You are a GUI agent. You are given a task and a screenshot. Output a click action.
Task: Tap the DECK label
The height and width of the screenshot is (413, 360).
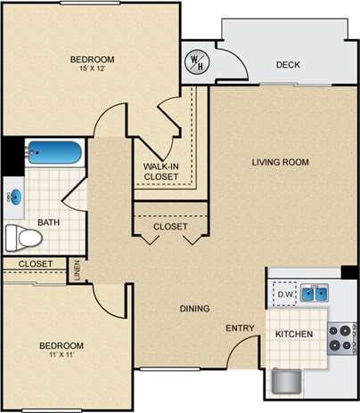(x=287, y=64)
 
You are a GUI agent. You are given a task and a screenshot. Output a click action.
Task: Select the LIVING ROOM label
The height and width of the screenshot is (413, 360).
(x=280, y=161)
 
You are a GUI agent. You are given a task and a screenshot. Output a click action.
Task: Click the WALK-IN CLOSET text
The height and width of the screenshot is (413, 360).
(x=161, y=171)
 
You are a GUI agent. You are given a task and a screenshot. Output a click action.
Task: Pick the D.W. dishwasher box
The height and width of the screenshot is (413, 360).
(x=285, y=294)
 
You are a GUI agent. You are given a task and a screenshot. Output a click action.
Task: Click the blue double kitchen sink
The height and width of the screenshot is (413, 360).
(x=313, y=293)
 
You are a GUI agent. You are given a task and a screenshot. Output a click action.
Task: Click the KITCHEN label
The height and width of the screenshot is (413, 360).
(x=292, y=335)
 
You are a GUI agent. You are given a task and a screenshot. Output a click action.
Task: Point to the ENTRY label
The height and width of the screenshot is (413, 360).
(x=239, y=328)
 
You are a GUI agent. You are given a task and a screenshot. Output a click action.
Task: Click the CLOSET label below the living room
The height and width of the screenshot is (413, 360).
(x=170, y=227)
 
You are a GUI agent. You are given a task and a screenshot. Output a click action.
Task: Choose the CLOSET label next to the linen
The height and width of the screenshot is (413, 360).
(x=36, y=264)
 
